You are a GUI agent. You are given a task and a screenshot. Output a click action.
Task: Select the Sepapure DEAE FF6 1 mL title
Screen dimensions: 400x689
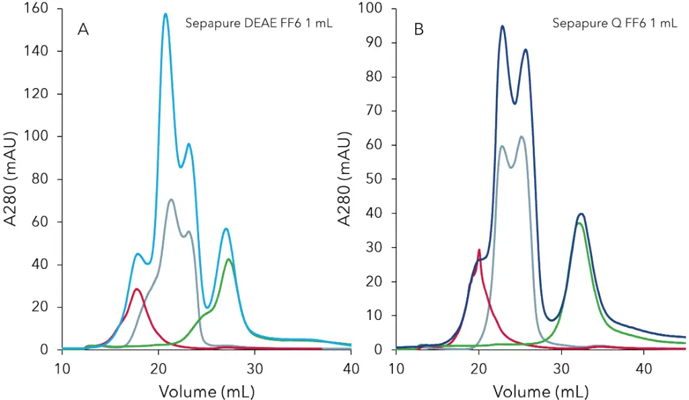[x=258, y=24]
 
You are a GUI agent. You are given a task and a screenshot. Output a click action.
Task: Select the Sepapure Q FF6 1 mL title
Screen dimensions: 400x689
[x=614, y=24]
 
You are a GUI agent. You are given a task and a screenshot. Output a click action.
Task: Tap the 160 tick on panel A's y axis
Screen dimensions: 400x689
[x=36, y=9]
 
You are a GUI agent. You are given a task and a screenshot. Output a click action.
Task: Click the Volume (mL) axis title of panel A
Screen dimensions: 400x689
[x=207, y=391]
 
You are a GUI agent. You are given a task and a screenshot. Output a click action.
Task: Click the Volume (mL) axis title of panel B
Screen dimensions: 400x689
[x=540, y=391]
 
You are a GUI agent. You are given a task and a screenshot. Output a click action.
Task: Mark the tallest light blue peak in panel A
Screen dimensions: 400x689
[x=166, y=13]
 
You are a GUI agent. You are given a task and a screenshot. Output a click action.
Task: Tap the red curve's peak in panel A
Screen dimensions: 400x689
[x=137, y=289]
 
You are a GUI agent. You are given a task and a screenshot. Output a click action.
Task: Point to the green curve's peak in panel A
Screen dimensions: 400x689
[x=229, y=259]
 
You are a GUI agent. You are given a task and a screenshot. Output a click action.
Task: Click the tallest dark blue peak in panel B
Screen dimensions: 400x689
[x=502, y=26]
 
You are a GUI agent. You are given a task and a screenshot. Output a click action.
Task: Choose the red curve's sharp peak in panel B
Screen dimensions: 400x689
[x=479, y=250]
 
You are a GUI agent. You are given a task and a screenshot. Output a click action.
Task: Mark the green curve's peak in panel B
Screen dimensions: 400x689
[x=579, y=223]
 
